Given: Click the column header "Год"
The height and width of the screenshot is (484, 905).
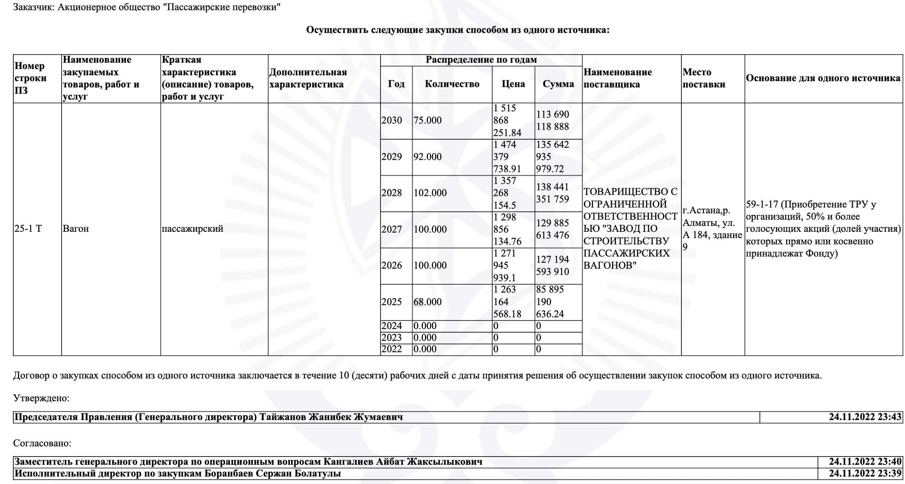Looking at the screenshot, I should [x=396, y=84].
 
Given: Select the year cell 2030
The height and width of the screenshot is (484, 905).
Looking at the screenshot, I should [x=391, y=120].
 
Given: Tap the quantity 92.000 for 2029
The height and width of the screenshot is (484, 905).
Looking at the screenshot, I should [x=427, y=157].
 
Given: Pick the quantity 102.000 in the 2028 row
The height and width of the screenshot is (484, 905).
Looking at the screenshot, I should [x=430, y=193].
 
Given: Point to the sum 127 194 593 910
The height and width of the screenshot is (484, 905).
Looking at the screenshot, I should [x=552, y=266].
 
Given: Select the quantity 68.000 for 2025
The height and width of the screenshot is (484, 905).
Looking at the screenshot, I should [x=427, y=302].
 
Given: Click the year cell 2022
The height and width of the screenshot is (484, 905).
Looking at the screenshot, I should [x=391, y=349].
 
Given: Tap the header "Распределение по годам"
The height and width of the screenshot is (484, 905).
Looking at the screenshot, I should [x=481, y=60].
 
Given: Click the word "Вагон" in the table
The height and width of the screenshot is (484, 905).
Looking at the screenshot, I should [x=76, y=229].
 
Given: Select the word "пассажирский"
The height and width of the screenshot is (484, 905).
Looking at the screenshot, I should [x=192, y=229].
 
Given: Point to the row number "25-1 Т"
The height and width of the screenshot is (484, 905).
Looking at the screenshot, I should [x=28, y=229].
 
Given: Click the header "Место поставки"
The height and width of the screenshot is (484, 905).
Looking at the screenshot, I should [x=704, y=78].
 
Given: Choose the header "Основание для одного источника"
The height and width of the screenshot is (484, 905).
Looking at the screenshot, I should [x=823, y=78].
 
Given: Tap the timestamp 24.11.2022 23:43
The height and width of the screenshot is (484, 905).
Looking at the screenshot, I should [x=865, y=417].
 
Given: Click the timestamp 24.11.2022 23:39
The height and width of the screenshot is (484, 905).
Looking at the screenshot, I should [x=865, y=473].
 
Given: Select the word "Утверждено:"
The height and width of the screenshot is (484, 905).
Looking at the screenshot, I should [x=41, y=398].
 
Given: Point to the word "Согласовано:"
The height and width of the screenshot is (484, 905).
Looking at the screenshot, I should [x=42, y=443].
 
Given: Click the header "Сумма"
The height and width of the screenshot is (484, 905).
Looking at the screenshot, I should [x=558, y=84].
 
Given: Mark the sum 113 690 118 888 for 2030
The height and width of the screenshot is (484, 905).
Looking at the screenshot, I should [x=552, y=120].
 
